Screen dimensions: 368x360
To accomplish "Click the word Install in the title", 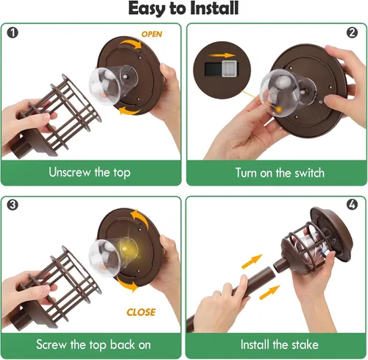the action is (x=214, y=8).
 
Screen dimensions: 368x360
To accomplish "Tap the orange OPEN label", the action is (x=152, y=34).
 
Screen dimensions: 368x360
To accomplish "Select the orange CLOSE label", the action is (x=141, y=312).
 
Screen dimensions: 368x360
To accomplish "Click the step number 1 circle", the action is (x=13, y=32).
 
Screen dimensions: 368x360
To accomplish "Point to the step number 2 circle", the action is (x=352, y=32).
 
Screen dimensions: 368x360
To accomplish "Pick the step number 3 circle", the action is (x=13, y=205).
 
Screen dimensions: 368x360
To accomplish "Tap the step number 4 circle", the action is (x=352, y=205).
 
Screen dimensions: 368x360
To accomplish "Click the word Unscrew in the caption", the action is (x=69, y=172).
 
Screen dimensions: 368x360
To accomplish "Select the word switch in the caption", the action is (x=309, y=173).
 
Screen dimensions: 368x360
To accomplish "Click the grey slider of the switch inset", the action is (x=230, y=68).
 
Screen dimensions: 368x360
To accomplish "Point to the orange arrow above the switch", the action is (x=222, y=55).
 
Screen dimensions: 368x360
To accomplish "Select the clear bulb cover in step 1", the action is (x=113, y=84).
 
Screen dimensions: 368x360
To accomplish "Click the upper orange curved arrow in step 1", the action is (x=130, y=43).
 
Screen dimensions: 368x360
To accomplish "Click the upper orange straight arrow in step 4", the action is (x=252, y=261).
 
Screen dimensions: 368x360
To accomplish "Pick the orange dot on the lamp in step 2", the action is (x=279, y=110).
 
